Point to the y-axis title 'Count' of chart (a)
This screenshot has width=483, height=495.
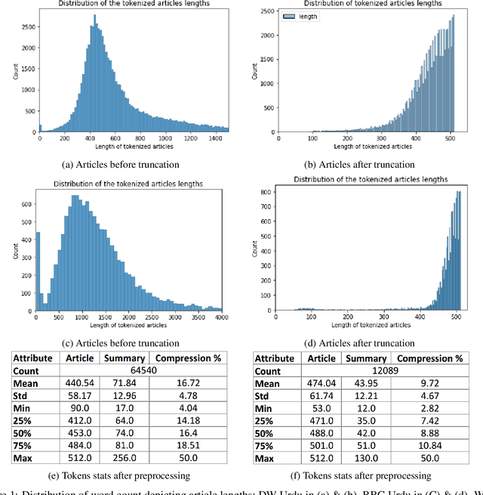point(10,70)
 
